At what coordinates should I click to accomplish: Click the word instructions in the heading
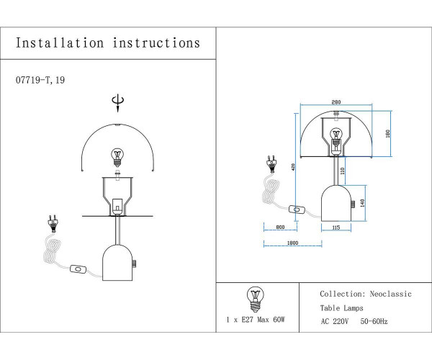coord(156,43)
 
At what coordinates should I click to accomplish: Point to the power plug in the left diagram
coord(52,222)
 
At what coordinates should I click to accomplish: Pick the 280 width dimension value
coord(336,103)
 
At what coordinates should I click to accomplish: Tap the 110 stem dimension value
coord(343,171)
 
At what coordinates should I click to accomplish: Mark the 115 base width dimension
coord(336,228)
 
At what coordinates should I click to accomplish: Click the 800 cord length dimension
coord(281,228)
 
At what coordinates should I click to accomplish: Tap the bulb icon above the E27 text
coord(254,296)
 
